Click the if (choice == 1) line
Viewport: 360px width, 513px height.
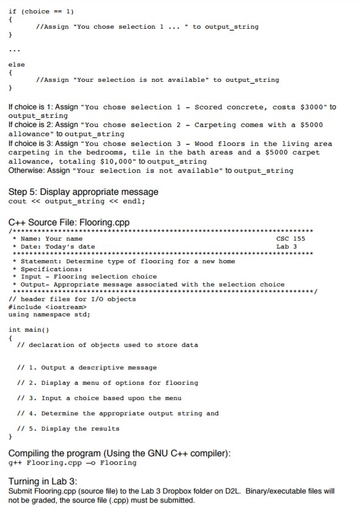click(x=40, y=11)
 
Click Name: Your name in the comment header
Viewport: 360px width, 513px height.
click(x=51, y=238)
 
